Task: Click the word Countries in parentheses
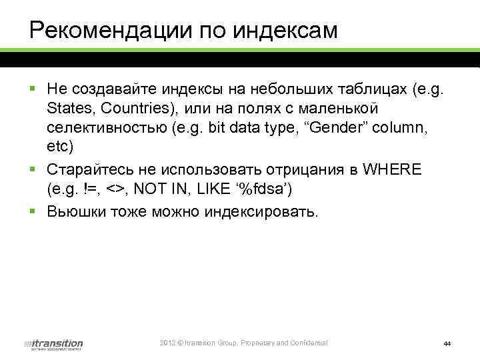[x=131, y=108]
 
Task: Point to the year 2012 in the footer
[x=167, y=343]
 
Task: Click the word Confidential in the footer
[x=307, y=343]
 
